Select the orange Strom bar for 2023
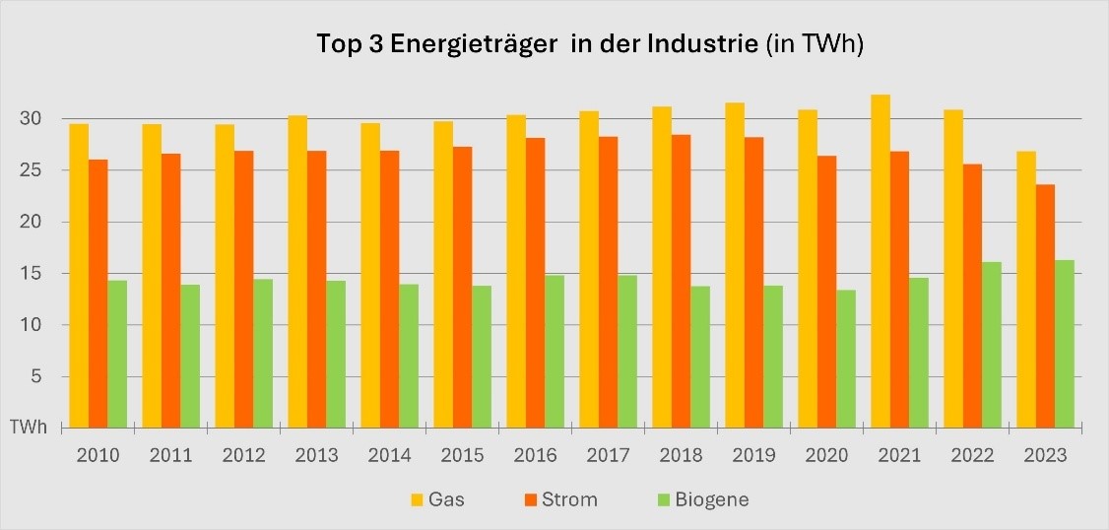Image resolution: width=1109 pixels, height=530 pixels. [x=1045, y=305]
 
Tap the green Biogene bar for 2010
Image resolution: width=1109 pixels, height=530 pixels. [x=117, y=354]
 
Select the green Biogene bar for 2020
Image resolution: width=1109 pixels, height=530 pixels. [x=845, y=359]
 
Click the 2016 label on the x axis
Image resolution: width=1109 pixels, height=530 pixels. [x=535, y=456]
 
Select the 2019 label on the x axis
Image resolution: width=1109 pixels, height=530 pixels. [x=753, y=456]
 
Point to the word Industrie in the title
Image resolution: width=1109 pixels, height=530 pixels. [x=703, y=45]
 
